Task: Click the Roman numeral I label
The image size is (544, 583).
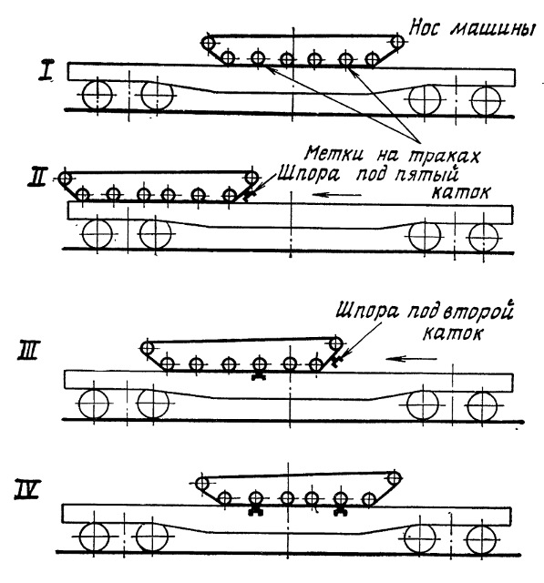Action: (47, 71)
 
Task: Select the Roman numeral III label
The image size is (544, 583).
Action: (27, 350)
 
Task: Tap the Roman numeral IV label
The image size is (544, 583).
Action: (26, 490)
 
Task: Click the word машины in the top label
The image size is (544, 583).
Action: (493, 29)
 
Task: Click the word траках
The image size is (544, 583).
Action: (444, 156)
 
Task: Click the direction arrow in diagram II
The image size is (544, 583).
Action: (337, 194)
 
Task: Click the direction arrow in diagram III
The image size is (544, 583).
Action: (411, 359)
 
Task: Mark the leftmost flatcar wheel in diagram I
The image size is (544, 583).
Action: (98, 95)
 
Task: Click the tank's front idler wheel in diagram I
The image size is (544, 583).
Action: (397, 41)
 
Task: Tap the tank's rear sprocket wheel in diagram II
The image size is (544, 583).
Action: (65, 179)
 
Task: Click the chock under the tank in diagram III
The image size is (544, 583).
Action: (259, 376)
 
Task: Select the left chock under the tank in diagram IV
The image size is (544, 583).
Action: (256, 511)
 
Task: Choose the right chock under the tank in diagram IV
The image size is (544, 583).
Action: (341, 511)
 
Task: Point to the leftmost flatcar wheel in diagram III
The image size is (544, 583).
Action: (94, 404)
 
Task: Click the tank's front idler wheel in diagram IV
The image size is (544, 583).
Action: (394, 478)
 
